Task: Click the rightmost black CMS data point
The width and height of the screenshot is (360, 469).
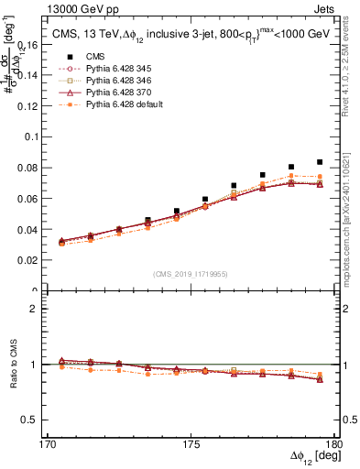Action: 320,162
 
